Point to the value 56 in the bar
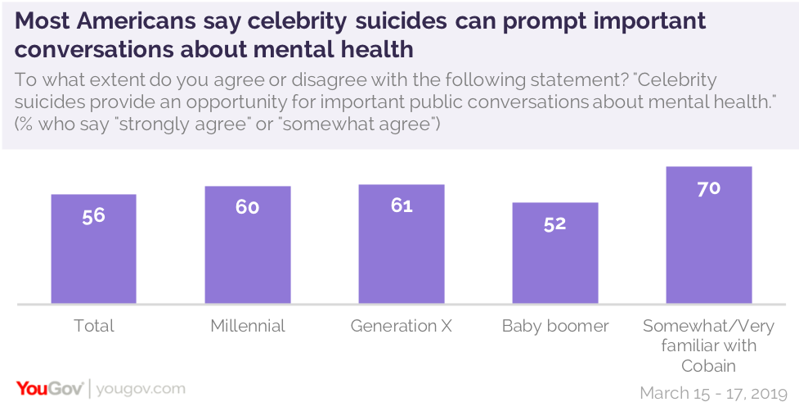tap(93, 217)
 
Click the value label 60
tap(247, 208)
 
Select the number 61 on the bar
tap(401, 206)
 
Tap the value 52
tap(554, 224)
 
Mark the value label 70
tap(708, 188)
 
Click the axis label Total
tap(93, 326)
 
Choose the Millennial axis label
tap(247, 326)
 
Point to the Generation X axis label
tap(401, 326)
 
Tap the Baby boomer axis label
tap(554, 326)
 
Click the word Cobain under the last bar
tap(708, 365)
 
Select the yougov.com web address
tap(141, 388)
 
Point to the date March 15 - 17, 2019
tap(713, 392)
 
